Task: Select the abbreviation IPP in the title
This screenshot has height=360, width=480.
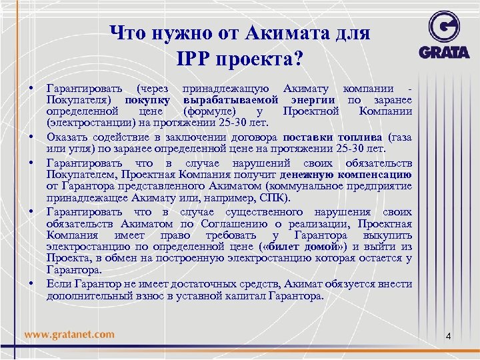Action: [193, 59]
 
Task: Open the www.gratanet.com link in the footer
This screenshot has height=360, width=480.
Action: [69, 334]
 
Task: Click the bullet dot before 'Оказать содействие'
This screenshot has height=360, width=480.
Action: [31, 137]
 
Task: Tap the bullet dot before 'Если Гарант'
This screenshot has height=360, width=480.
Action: [31, 284]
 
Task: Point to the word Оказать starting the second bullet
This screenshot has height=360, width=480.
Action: [65, 136]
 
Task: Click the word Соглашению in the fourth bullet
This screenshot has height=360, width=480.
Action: [224, 223]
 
